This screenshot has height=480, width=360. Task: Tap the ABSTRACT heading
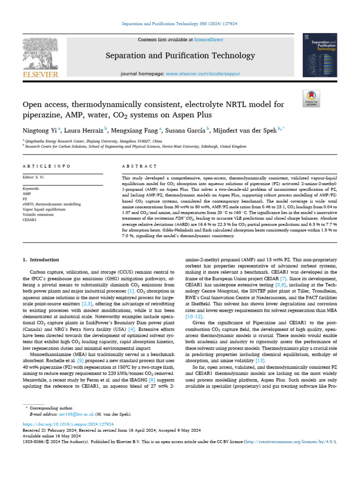coord(139,166)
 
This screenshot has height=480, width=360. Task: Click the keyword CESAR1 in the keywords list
coord(30,219)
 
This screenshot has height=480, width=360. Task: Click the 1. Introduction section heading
coord(41,260)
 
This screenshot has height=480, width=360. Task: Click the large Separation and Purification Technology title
coord(180,56)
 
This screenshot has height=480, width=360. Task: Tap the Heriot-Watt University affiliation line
coord(136,146)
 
